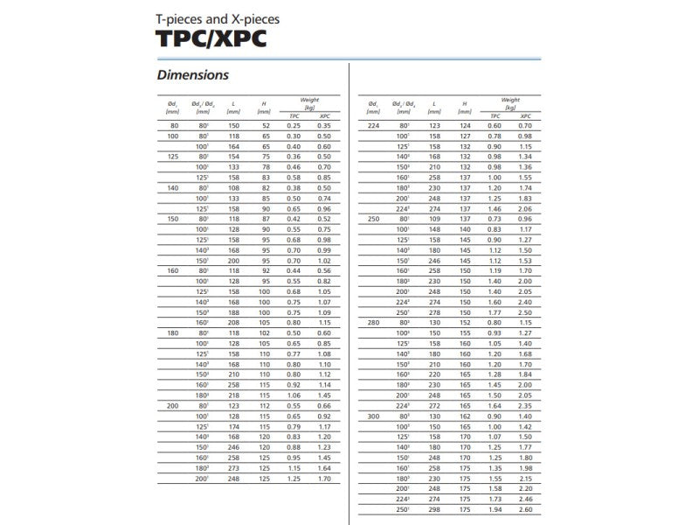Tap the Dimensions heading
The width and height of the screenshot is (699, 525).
(x=192, y=75)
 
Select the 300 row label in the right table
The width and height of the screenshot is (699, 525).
(x=374, y=416)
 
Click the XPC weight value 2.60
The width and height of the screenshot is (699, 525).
(x=525, y=509)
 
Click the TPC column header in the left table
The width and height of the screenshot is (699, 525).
(x=294, y=115)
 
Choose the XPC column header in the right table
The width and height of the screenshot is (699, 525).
(x=525, y=115)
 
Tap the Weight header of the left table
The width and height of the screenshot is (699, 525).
(x=309, y=101)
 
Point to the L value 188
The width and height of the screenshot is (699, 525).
(x=233, y=312)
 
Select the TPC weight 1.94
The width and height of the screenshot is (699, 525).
(x=495, y=509)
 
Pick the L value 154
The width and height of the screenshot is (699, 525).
(x=233, y=156)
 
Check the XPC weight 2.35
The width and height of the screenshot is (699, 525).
(x=525, y=405)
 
